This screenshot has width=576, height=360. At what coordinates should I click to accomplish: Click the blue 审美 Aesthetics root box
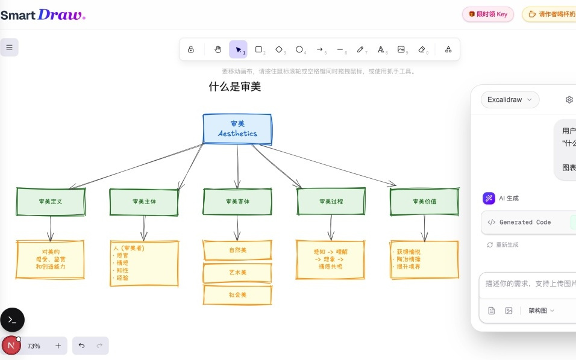(237, 129)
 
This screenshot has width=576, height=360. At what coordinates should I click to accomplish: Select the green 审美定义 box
(51, 202)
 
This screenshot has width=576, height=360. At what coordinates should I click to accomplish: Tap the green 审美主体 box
(144, 202)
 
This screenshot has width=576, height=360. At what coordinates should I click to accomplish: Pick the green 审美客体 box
(237, 202)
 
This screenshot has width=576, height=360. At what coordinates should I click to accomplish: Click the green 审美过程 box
(331, 202)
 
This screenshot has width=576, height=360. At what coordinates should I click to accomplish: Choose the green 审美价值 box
(424, 202)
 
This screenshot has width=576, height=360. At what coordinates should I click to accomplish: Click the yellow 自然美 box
(237, 250)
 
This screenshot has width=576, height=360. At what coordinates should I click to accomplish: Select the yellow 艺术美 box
(237, 273)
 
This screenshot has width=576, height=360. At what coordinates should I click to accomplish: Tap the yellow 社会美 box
(237, 295)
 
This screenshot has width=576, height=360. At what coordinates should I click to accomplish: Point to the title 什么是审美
(234, 87)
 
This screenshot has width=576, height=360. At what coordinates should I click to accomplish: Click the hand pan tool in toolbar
(218, 49)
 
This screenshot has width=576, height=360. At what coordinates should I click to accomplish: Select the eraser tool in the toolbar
(422, 49)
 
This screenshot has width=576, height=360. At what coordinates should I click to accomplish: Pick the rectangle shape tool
(258, 49)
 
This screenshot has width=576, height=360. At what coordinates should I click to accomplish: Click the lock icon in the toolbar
(191, 49)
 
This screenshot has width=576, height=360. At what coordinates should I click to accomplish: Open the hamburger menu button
(10, 47)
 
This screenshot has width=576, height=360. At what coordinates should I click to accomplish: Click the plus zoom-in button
(58, 346)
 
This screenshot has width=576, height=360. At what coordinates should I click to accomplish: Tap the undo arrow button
(82, 346)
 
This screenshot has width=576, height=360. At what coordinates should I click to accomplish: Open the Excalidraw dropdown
(510, 99)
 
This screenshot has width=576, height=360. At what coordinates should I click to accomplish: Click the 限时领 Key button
(488, 14)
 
